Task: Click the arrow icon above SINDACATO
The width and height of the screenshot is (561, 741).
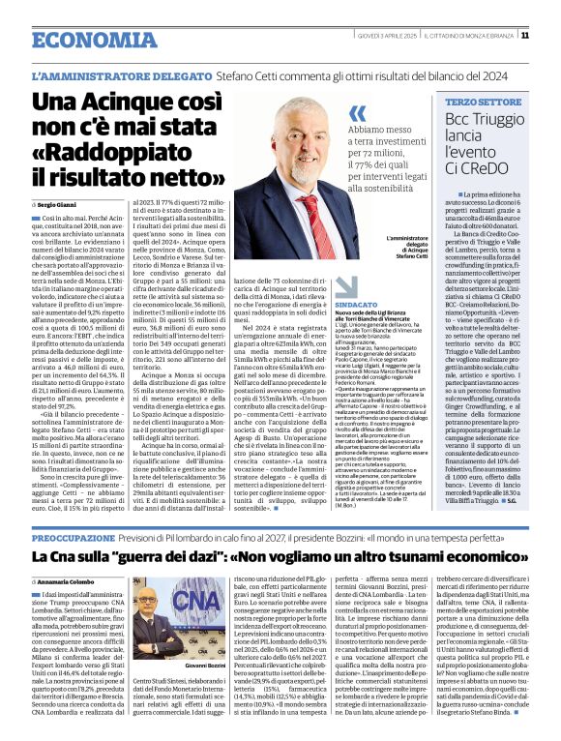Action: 346,285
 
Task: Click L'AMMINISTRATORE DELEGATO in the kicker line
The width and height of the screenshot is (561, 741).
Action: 121,74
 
